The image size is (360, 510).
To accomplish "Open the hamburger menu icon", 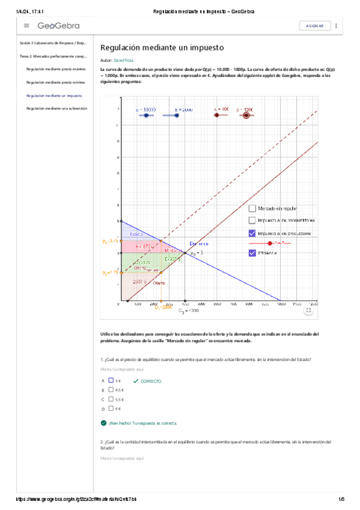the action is pos(26,26).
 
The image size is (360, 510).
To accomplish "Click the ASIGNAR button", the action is pos(315,26).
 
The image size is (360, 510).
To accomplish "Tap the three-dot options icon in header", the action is pos(336,26).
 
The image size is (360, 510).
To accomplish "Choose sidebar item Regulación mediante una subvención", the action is pos(56,108).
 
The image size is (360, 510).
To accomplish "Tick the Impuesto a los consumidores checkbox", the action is pos(252,220).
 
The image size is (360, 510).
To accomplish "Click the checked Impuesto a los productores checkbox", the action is pos(252,233).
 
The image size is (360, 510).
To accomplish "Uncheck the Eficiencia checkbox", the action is pos(252,253).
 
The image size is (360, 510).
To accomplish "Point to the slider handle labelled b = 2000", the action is pos(176,115).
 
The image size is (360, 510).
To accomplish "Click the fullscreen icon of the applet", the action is pos(308,310).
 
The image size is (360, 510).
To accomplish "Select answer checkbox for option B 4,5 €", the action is pos(111,390).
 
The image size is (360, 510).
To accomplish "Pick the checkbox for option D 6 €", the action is pos(111,408).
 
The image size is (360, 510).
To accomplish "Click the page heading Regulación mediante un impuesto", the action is pos(162,48).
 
